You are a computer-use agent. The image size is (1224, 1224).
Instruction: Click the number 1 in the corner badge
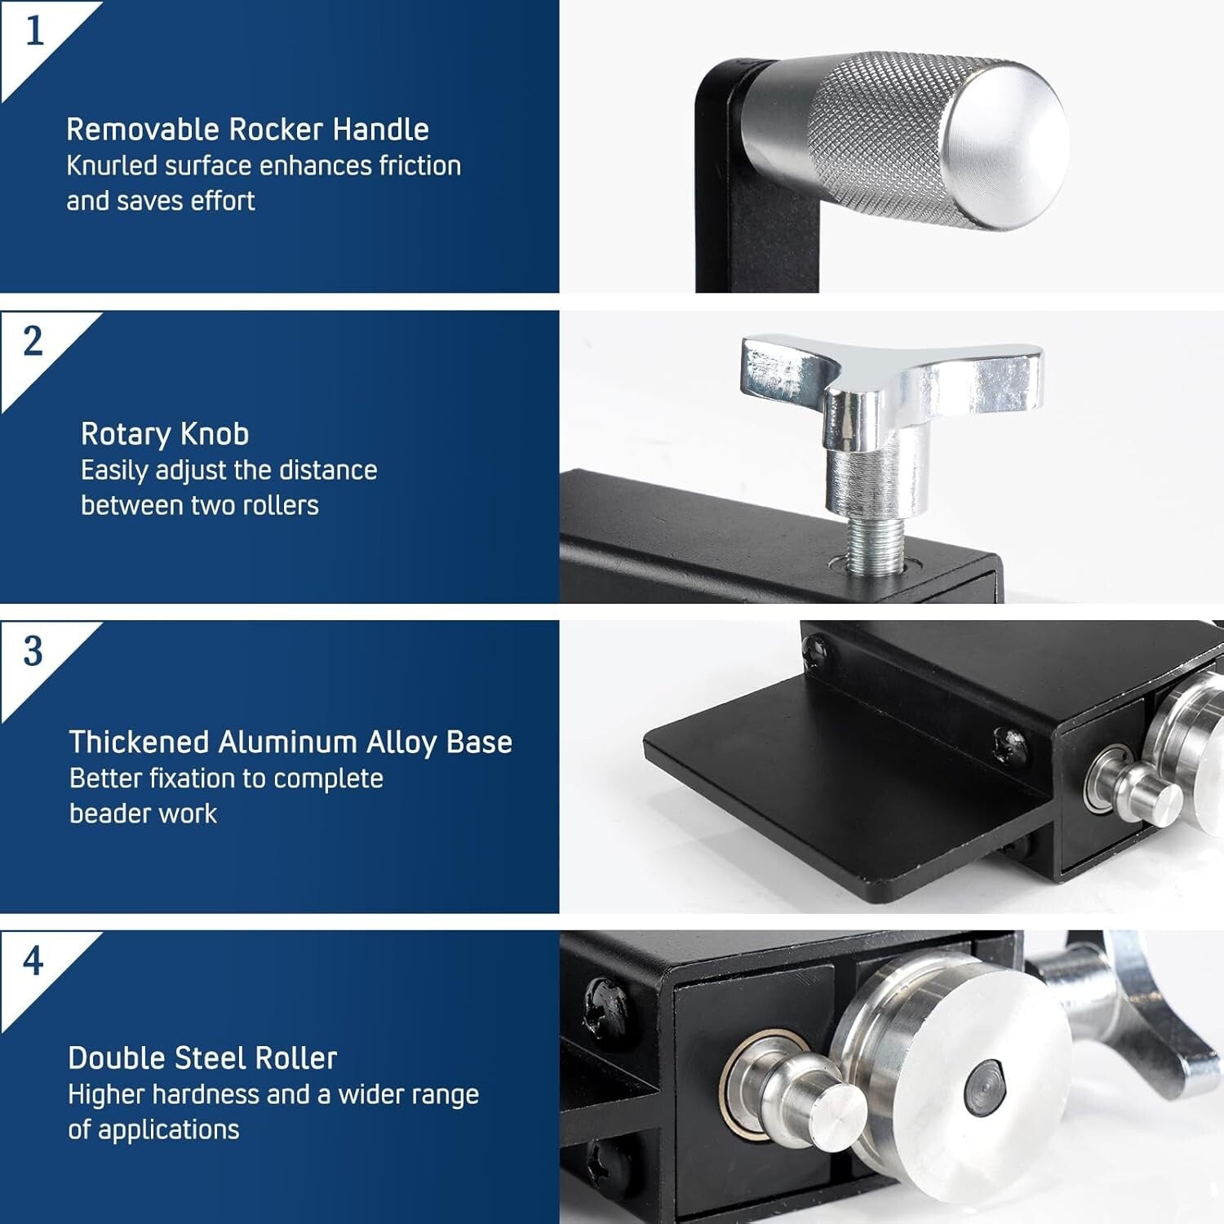point(33,32)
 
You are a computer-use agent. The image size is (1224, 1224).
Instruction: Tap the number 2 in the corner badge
point(33,341)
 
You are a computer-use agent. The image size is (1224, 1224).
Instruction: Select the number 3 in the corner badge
point(33,651)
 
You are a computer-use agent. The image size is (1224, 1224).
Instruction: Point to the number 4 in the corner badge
point(33,961)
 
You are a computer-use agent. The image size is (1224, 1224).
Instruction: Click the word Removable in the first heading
point(143,130)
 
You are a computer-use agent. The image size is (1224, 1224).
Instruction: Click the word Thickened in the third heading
point(139,743)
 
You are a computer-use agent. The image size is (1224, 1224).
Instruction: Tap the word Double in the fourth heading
point(114,1058)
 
